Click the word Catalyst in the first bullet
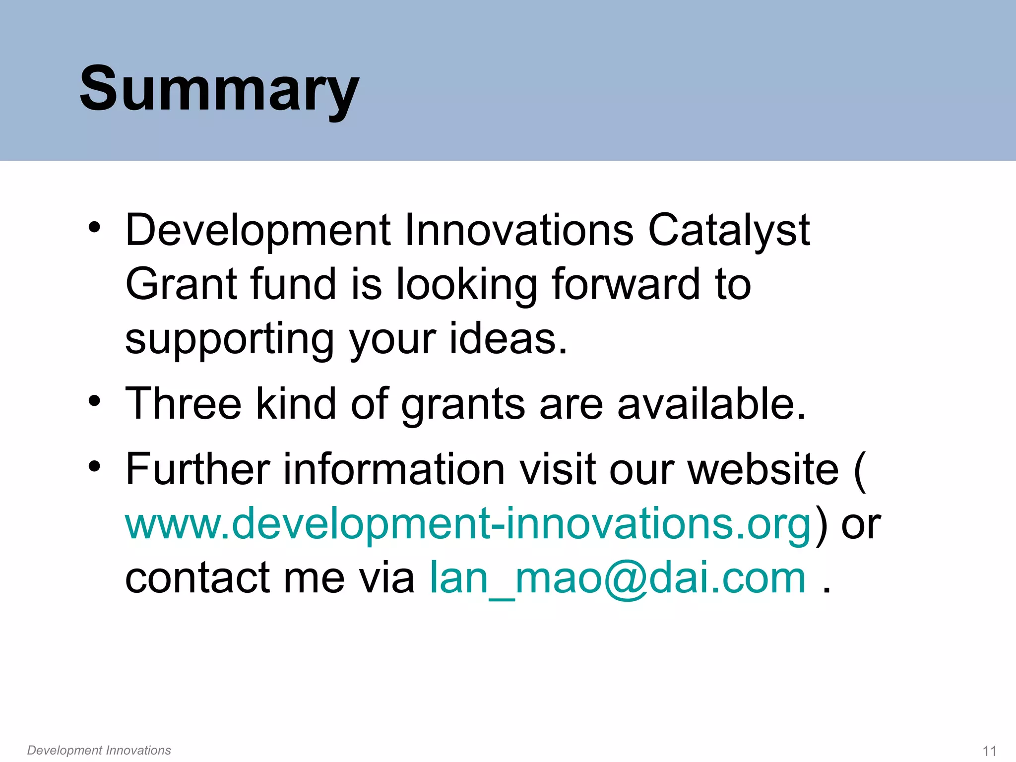pyautogui.click(x=729, y=231)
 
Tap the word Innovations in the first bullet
pyautogui.click(x=518, y=231)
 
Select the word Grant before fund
pyautogui.click(x=181, y=285)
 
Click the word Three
pyautogui.click(x=183, y=404)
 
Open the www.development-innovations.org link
pyautogui.click(x=468, y=525)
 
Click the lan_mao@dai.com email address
pyautogui.click(x=618, y=578)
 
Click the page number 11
pyautogui.click(x=989, y=751)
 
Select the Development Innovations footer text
pyautogui.click(x=99, y=750)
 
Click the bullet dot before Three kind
pyautogui.click(x=94, y=400)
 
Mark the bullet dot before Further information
pyautogui.click(x=94, y=466)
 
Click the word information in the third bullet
pyautogui.click(x=394, y=469)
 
